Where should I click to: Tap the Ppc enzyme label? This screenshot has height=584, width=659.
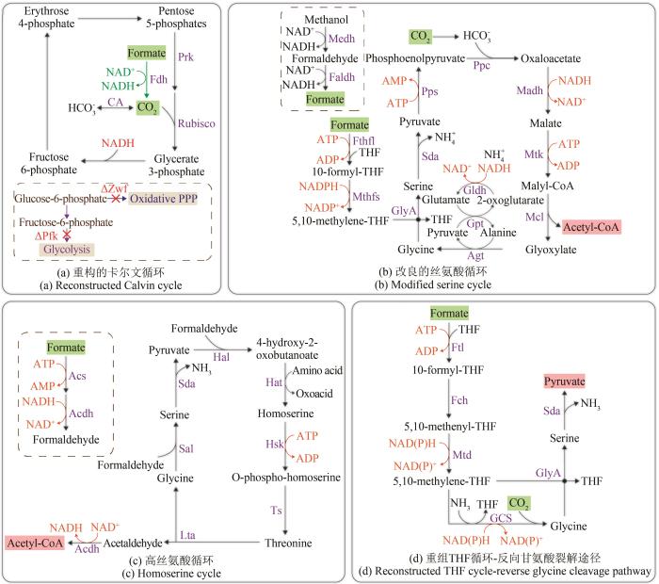482,66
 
